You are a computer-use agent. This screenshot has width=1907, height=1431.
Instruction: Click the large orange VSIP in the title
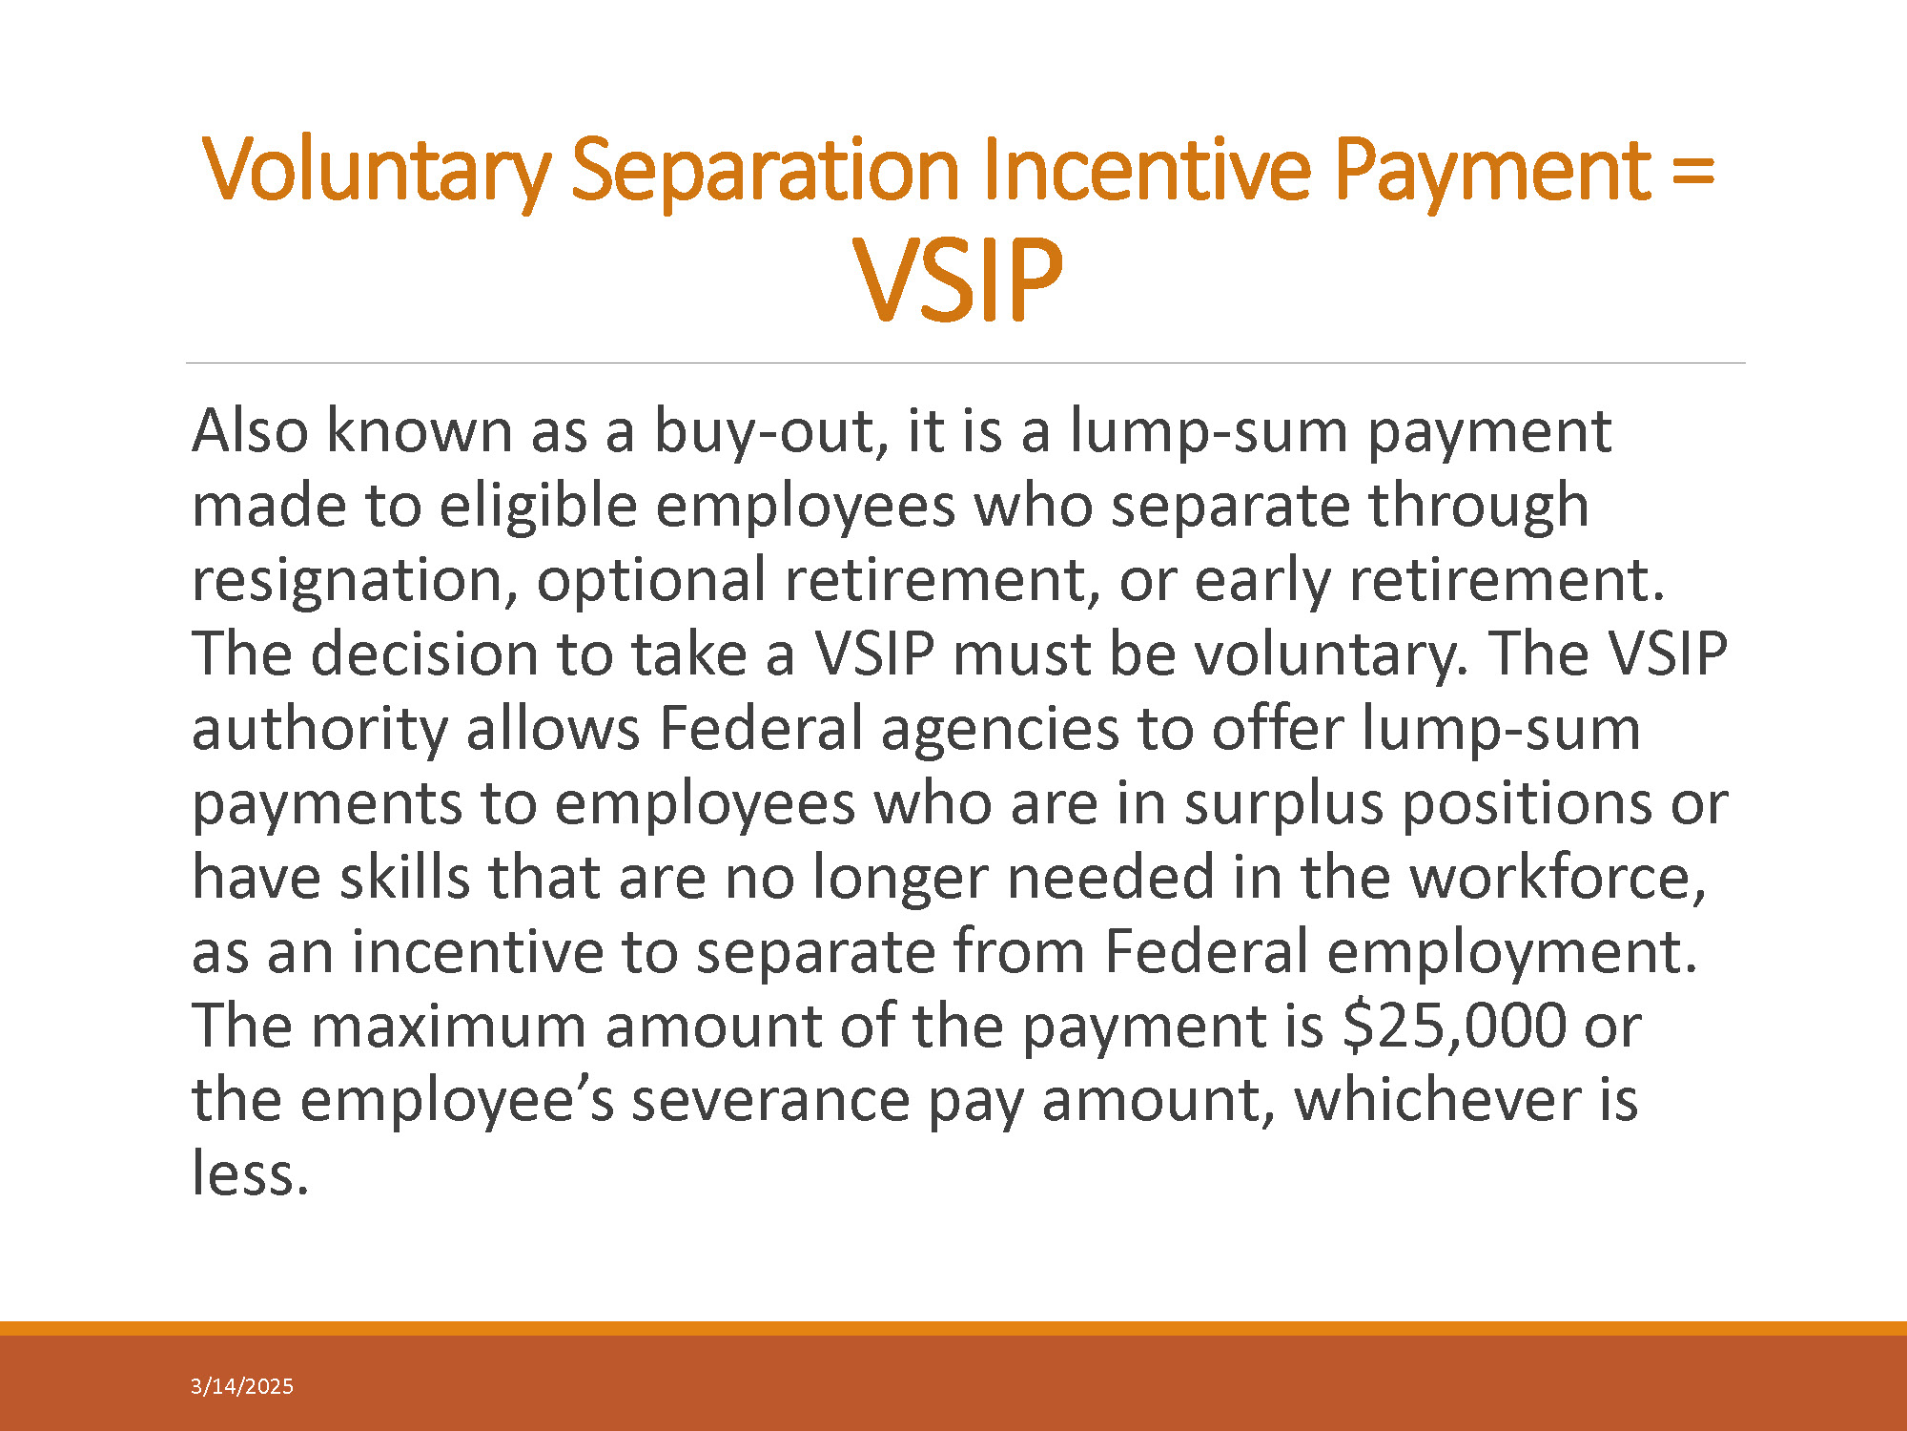pyautogui.click(x=957, y=280)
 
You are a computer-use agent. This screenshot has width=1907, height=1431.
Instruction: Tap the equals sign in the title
pyautogui.click(x=1692, y=173)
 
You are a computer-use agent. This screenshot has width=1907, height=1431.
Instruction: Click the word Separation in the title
pyautogui.click(x=765, y=172)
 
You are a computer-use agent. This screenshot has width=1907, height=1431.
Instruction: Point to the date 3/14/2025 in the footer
pyautogui.click(x=242, y=1386)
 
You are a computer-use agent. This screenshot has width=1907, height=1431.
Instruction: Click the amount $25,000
pyautogui.click(x=1454, y=1027)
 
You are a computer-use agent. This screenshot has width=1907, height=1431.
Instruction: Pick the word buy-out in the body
pyautogui.click(x=765, y=432)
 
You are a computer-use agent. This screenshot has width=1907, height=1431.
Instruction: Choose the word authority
pyautogui.click(x=319, y=730)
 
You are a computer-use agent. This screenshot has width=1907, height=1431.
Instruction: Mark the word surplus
pyautogui.click(x=1283, y=804)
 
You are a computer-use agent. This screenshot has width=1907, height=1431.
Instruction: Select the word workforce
pyautogui.click(x=1558, y=879)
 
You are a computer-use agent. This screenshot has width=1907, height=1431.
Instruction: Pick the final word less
pyautogui.click(x=251, y=1174)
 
